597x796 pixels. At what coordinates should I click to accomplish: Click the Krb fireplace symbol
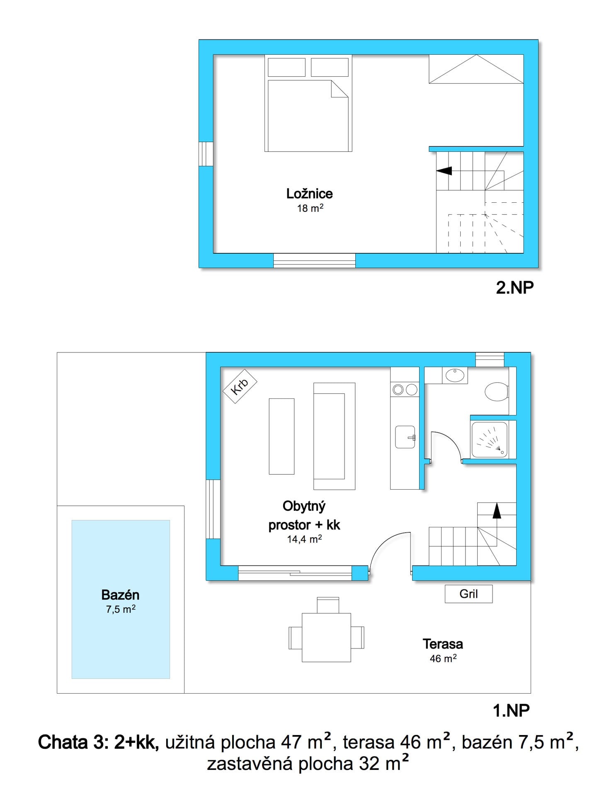[240, 387]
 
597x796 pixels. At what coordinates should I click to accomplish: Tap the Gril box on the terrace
[468, 594]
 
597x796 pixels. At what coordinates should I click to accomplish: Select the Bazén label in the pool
[120, 595]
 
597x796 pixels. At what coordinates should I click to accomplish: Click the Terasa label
[443, 644]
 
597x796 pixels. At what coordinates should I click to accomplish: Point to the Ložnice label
[309, 194]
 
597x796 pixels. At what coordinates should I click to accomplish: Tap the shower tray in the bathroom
[489, 440]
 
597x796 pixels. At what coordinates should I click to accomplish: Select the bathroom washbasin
[455, 375]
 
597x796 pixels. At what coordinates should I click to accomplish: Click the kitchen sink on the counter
[405, 437]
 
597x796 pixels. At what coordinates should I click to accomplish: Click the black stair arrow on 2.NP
[444, 170]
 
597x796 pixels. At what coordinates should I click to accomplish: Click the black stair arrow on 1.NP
[497, 511]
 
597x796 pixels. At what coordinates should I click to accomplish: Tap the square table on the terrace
[327, 638]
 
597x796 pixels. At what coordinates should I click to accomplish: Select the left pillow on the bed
[286, 67]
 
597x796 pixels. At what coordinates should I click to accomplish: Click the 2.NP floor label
[515, 287]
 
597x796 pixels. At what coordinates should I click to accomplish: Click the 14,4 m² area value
[305, 539]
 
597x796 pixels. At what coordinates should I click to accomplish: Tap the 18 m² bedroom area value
[310, 208]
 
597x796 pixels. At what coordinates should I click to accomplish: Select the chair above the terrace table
[328, 605]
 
